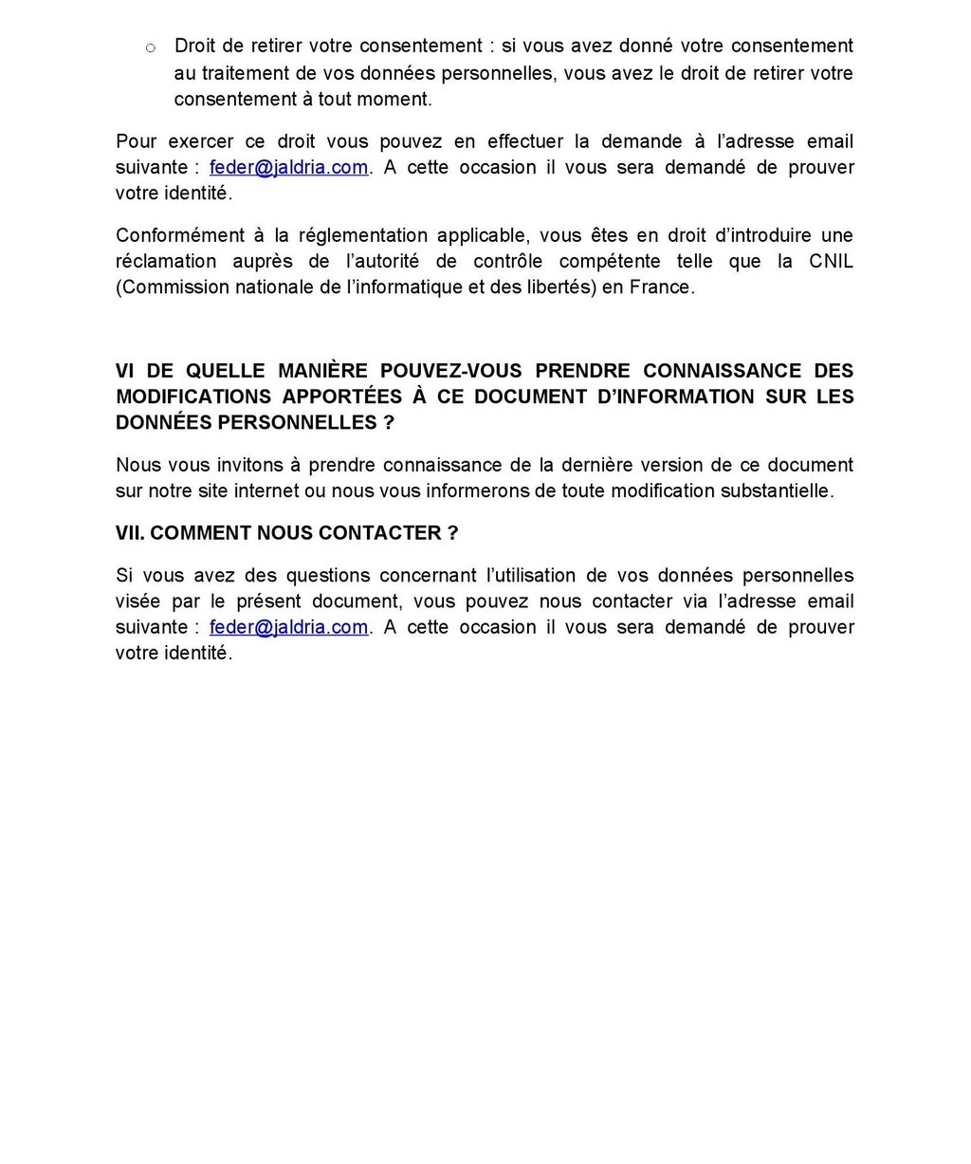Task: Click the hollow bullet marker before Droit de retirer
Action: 150,47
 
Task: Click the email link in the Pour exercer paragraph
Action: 288,168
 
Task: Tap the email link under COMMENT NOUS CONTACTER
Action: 288,627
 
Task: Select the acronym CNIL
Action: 831,261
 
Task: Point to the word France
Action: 661,286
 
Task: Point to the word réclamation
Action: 166,261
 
